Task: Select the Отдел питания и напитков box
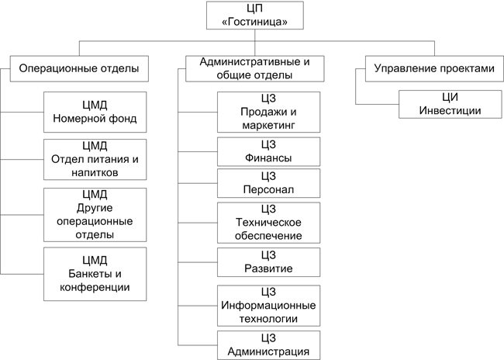pyautogui.click(x=95, y=159)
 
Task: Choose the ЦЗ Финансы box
pyautogui.click(x=268, y=152)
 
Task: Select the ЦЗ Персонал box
pyautogui.click(x=268, y=184)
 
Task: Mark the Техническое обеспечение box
pyautogui.click(x=268, y=223)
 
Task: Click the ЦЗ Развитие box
pyautogui.click(x=268, y=262)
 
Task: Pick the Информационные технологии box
pyautogui.click(x=268, y=305)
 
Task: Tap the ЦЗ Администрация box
pyautogui.click(x=268, y=344)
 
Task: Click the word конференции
pyautogui.click(x=95, y=288)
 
